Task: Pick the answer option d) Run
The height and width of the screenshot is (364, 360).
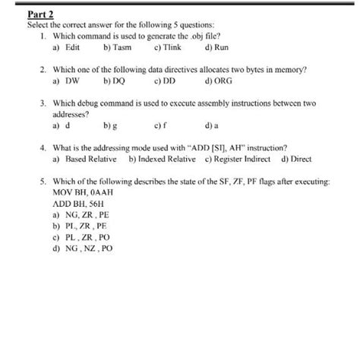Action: pyautogui.click(x=217, y=47)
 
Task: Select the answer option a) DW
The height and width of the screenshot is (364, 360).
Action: pyautogui.click(x=67, y=79)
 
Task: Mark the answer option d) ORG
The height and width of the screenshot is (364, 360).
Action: pyautogui.click(x=219, y=79)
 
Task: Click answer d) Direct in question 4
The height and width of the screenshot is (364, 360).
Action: pyautogui.click(x=296, y=160)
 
